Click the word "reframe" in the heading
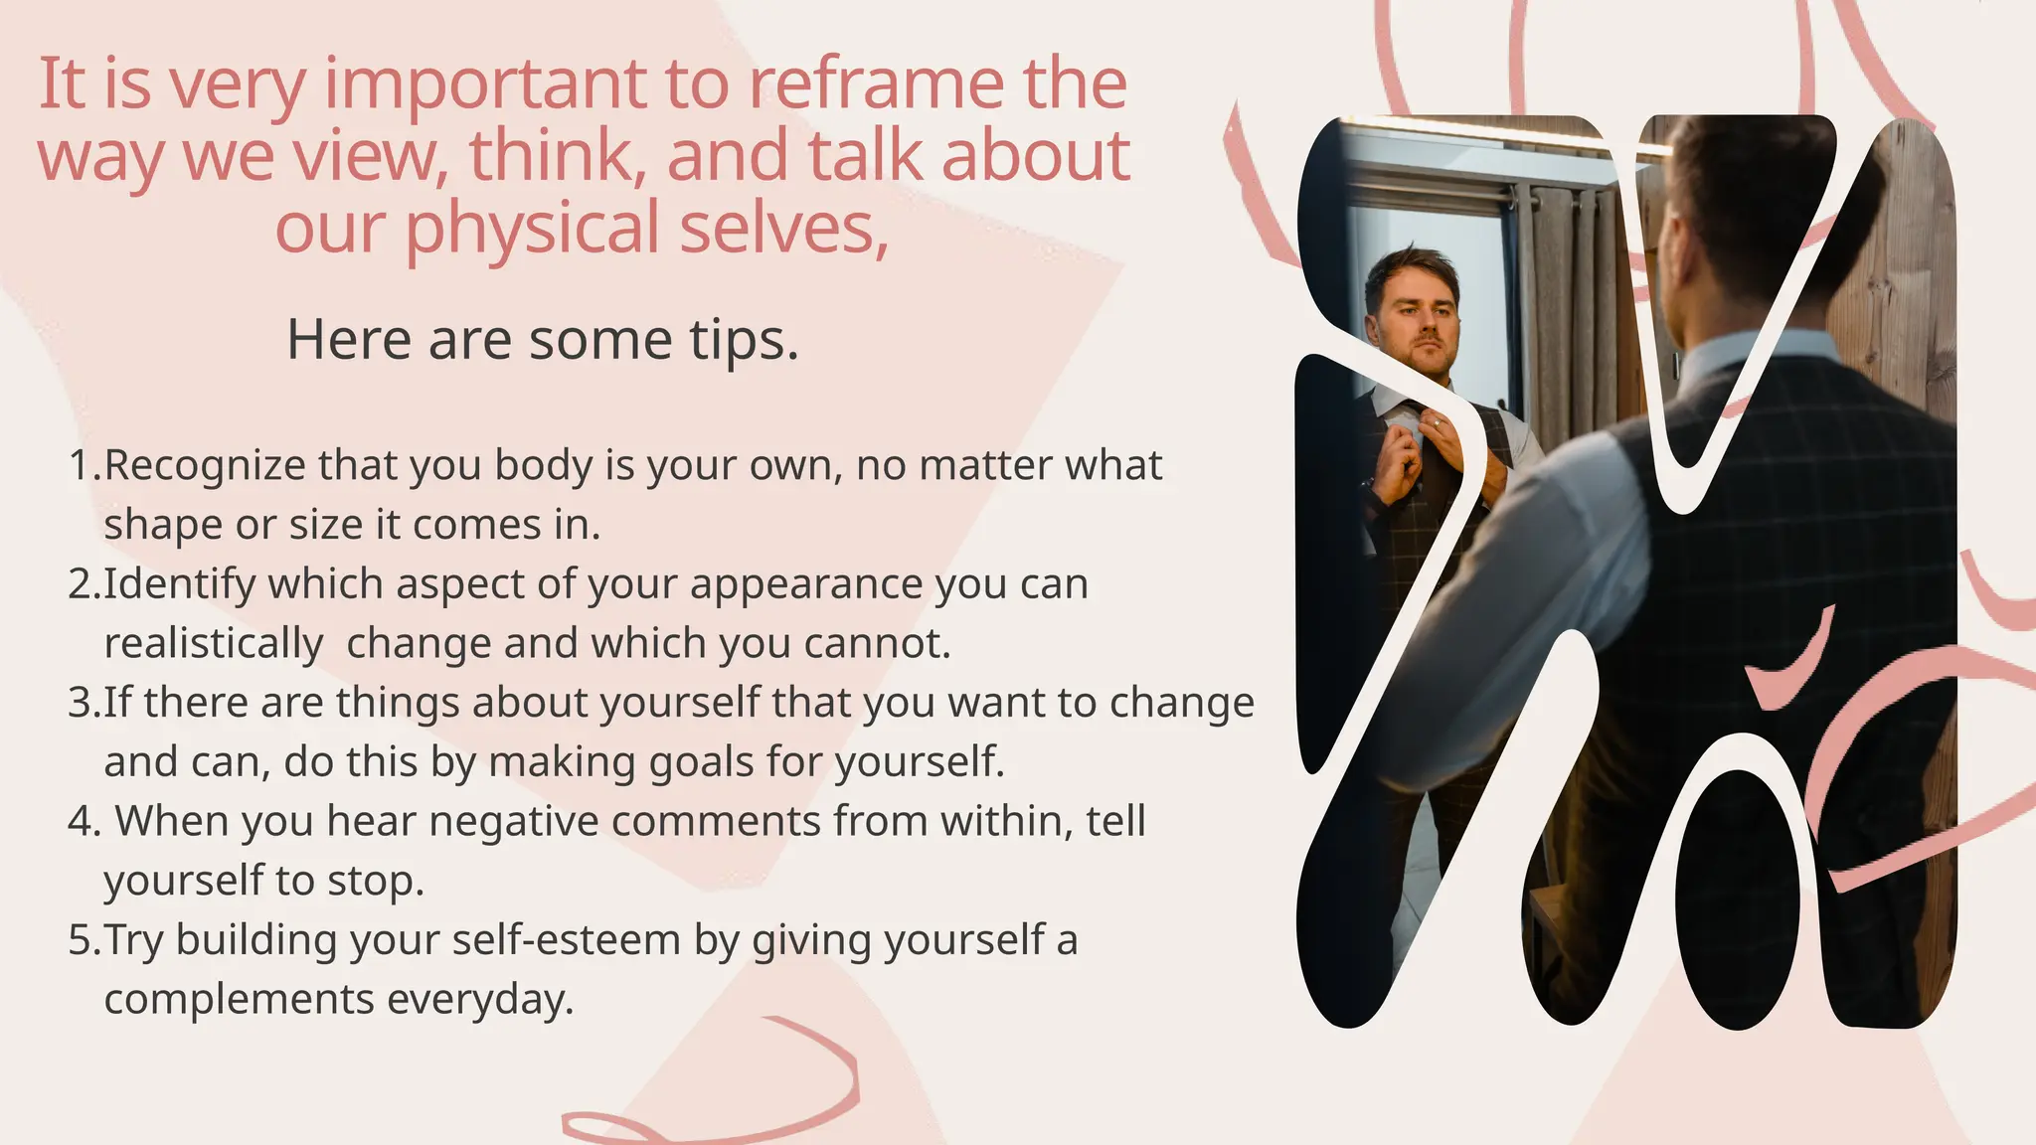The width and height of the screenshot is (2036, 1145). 875,83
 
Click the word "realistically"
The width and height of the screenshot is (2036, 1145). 214,643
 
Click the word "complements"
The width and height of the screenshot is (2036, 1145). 239,999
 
